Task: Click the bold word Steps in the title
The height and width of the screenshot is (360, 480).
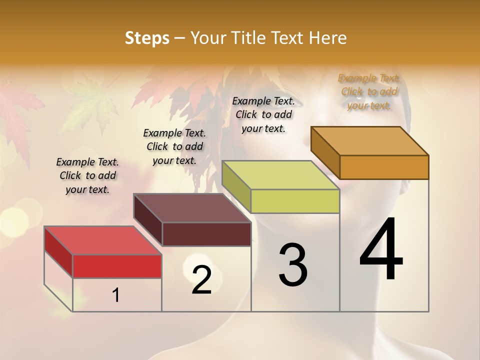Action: [x=146, y=38]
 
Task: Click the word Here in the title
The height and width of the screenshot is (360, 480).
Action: [x=328, y=38]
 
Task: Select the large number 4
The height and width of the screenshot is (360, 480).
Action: [x=381, y=250]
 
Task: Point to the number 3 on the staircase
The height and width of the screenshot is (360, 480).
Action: [x=293, y=265]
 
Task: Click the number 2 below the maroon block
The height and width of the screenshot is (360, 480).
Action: [x=202, y=280]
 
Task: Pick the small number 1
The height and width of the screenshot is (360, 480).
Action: [x=116, y=295]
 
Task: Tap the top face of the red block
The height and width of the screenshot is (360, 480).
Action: [x=103, y=240]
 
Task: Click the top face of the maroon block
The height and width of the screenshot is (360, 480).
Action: [x=192, y=208]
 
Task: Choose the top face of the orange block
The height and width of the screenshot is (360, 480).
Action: [x=370, y=141]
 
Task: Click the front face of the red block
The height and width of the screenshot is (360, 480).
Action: [x=117, y=266]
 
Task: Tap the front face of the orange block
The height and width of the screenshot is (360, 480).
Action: [x=384, y=167]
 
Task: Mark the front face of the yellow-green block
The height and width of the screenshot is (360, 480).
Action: [x=295, y=201]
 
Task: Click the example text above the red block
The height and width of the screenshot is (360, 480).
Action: [x=87, y=175]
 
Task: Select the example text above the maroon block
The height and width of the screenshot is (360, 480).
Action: [x=174, y=146]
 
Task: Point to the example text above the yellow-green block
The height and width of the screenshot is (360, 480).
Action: [x=263, y=114]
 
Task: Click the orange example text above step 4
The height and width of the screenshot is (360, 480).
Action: [x=369, y=91]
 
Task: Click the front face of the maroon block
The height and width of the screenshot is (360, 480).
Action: [x=206, y=234]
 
